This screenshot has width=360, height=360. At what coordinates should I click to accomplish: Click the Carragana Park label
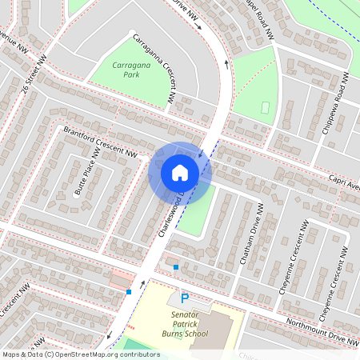click(120, 68)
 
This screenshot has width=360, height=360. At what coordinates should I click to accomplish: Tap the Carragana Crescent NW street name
click(154, 68)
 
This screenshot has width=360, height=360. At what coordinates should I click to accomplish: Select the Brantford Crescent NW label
click(101, 142)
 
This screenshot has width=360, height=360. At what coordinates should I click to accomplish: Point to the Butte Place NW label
click(87, 170)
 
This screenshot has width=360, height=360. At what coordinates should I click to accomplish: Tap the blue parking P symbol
click(185, 298)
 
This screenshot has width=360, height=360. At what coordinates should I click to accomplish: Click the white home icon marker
click(179, 172)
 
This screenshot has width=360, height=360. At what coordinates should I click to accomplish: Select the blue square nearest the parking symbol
click(176, 266)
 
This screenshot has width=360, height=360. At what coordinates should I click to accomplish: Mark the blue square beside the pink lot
click(128, 292)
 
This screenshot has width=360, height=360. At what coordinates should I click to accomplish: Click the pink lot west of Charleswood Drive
click(122, 279)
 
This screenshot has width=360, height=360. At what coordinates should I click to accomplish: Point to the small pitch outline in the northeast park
click(266, 107)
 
